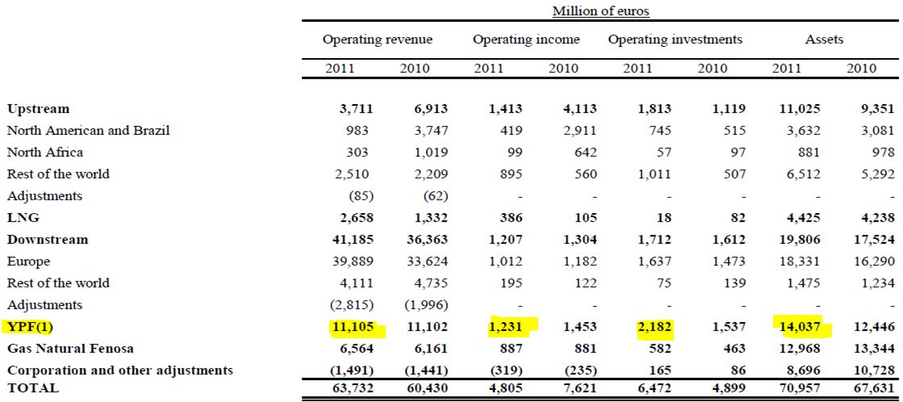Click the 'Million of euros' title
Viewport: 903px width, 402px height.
coord(600,11)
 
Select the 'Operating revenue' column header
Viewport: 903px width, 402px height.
coord(377,40)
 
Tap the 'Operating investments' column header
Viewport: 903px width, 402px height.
coord(675,40)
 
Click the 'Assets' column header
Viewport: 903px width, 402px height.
coord(824,40)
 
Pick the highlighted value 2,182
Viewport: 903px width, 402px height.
coord(650,327)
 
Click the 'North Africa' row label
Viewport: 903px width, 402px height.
coord(45,152)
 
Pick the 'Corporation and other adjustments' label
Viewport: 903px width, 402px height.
coord(120,370)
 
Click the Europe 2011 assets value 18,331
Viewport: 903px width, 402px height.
coord(799,261)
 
